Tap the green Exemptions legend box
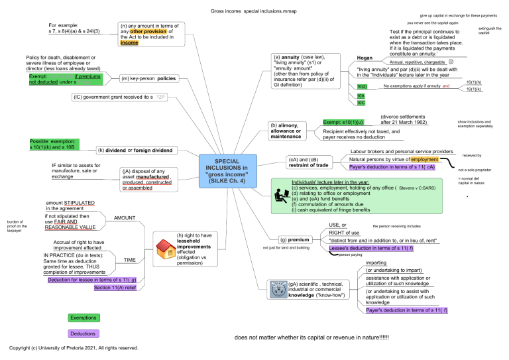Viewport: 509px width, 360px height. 84,318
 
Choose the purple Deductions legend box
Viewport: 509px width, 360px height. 84,334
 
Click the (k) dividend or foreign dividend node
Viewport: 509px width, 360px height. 135,150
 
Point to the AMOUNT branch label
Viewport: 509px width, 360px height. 125,217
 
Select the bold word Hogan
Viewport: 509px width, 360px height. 365,58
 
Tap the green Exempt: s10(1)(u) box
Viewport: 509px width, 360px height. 344,123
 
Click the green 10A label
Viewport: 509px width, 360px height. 361,95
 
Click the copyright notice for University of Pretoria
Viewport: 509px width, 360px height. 74,347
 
